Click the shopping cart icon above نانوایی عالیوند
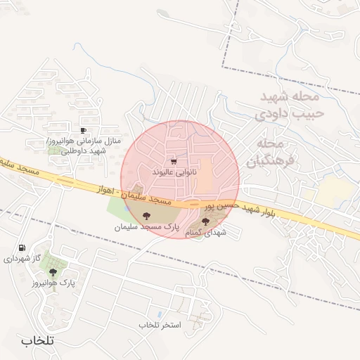[x=174, y=161]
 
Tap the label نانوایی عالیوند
[x=174, y=172]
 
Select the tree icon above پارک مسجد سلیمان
[x=146, y=217]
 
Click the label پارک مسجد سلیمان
[x=148, y=228]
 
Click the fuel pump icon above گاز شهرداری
[x=22, y=247]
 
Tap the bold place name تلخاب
[x=37, y=340]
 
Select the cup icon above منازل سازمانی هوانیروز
[x=84, y=130]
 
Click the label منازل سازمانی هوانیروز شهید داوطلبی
[x=91, y=146]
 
